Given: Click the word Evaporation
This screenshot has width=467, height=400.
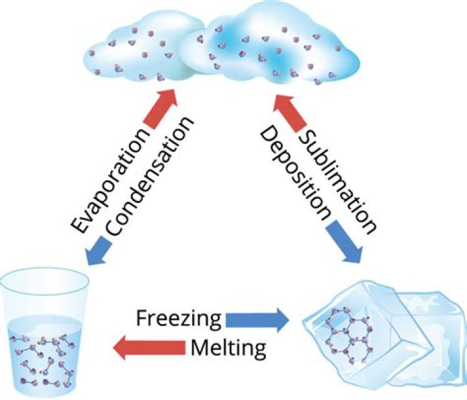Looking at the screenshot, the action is click(x=112, y=181).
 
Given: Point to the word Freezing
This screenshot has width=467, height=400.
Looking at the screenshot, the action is click(x=179, y=319).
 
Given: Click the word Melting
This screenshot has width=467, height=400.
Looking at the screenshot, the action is click(x=228, y=347).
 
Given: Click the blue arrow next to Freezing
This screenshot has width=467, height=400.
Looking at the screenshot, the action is click(x=257, y=320).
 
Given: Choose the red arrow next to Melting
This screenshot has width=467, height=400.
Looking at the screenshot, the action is click(x=149, y=347).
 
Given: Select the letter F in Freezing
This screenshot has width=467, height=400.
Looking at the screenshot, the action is click(x=142, y=317).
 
